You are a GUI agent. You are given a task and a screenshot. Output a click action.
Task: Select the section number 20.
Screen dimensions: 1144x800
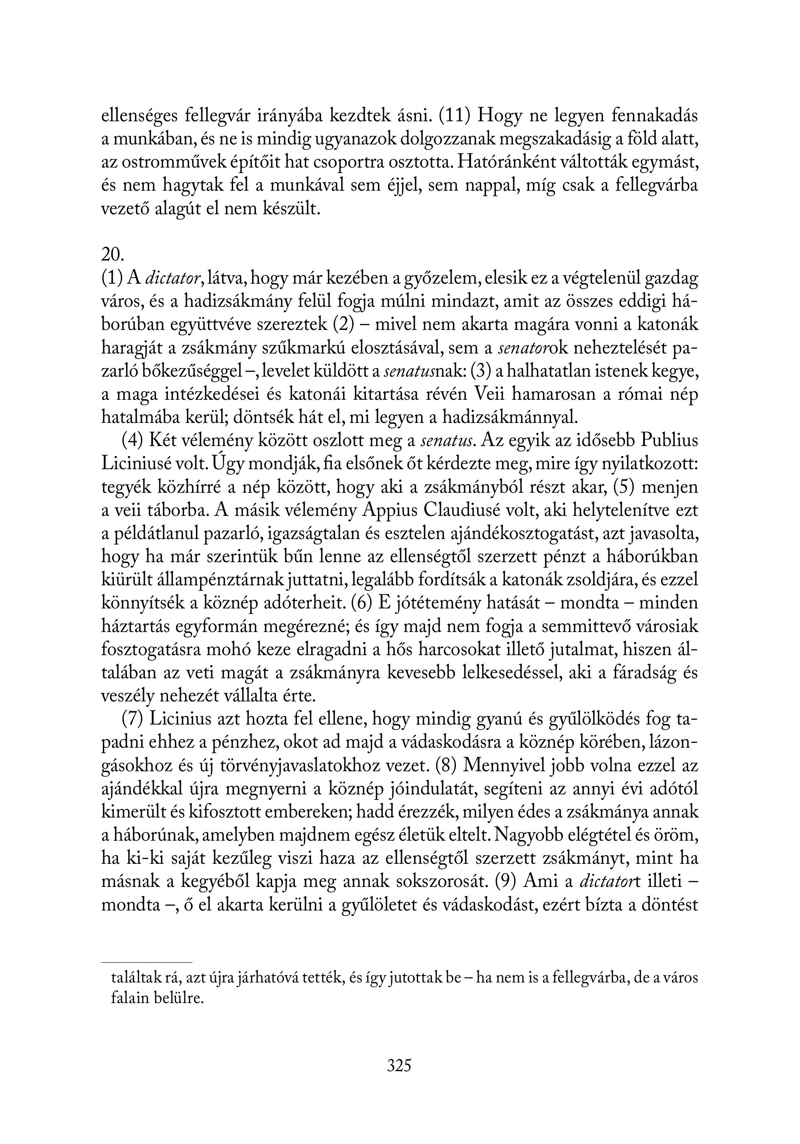click(x=112, y=255)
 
